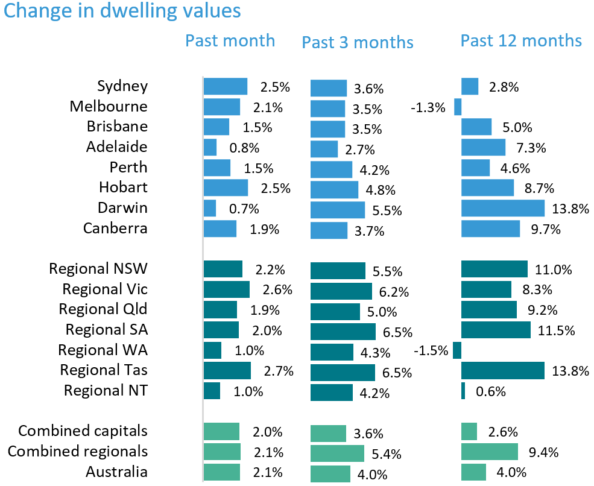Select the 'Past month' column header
coord(230,40)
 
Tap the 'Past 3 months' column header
coord(358,42)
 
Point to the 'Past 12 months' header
coord(521,40)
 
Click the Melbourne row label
coord(109,107)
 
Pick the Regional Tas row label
coord(104,370)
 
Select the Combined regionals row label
coord(78,451)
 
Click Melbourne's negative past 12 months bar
coord(458,107)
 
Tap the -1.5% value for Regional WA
coord(431,351)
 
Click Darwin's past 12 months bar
coord(503,208)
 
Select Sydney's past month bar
coord(226,86)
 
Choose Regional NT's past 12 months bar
coord(463,391)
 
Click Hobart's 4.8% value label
coord(381,191)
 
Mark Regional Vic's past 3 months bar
coord(341,291)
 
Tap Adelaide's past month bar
coord(210,148)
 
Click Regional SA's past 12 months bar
coord(496,330)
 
